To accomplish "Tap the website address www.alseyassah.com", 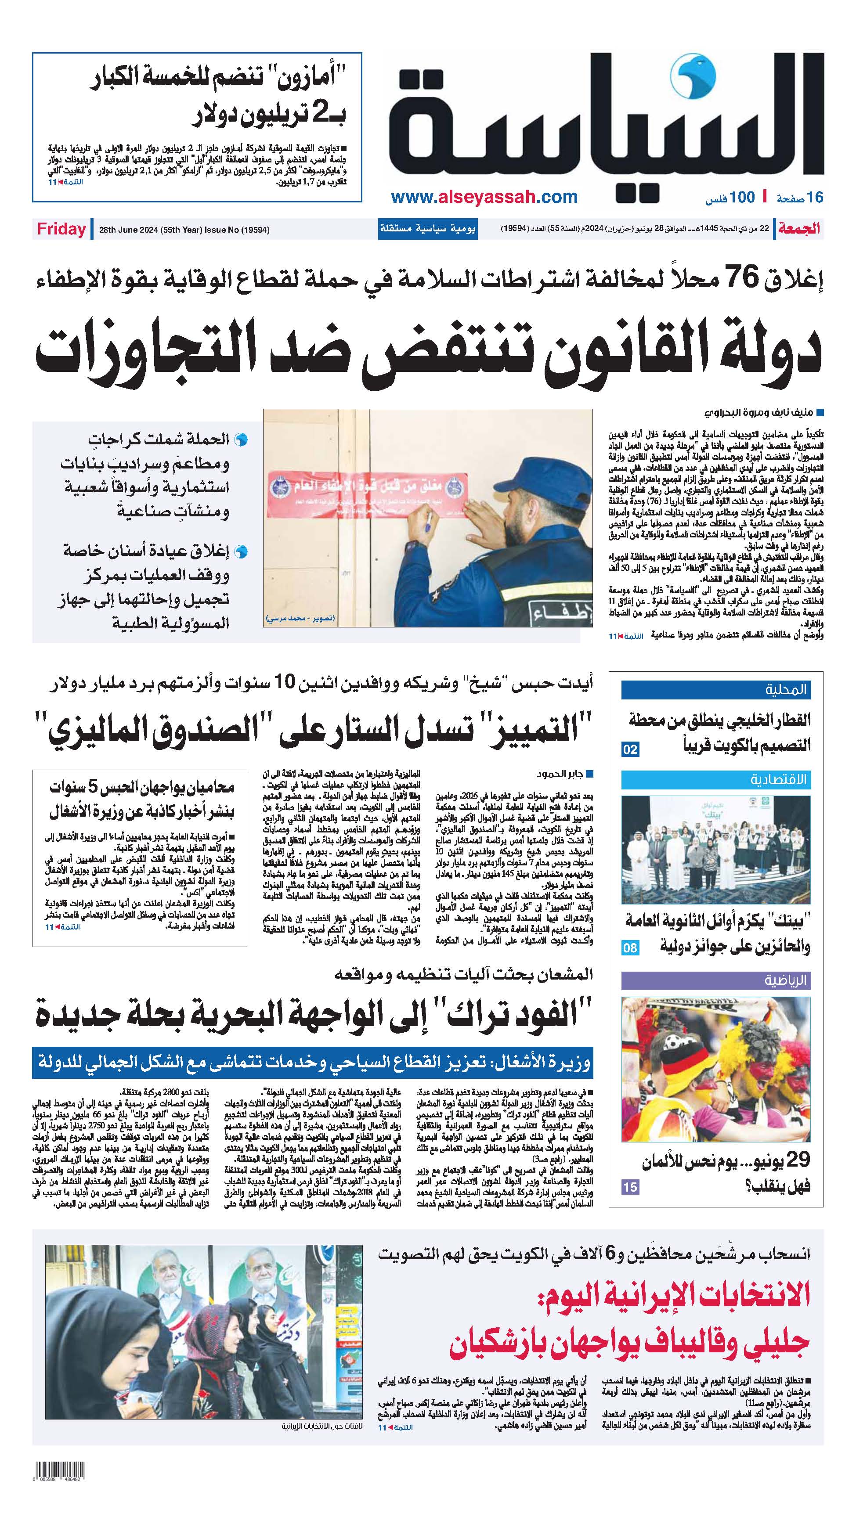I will [484, 197].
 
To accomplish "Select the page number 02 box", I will [630, 749].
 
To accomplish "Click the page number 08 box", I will [630, 948].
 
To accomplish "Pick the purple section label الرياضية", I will [786, 981].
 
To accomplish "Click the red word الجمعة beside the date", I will [799, 229].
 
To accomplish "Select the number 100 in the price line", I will [742, 197].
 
